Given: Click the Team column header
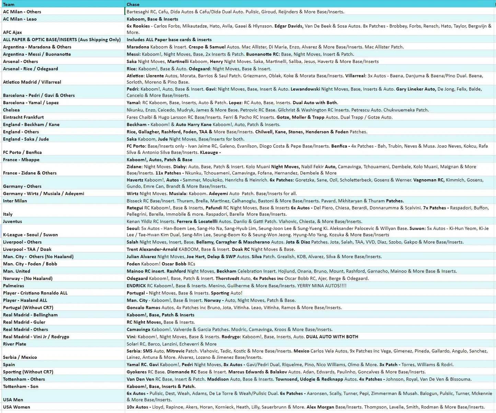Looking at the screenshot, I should click(x=9, y=4).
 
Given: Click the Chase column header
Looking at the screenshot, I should click(x=133, y=4).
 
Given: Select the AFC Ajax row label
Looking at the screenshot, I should click(x=12, y=32).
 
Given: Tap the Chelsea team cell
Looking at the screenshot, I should click(x=11, y=110).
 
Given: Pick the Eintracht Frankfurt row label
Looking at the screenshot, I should click(x=23, y=117).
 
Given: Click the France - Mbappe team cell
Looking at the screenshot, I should click(x=21, y=160).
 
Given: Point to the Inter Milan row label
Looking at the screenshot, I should click(x=15, y=201).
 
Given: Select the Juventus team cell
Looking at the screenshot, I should click(x=12, y=221).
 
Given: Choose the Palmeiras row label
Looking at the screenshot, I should click(x=13, y=286).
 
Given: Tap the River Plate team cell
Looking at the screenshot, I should click(x=14, y=344).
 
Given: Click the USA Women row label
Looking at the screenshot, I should click(x=16, y=407).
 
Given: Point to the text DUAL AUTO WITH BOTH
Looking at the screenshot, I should click(x=332, y=337).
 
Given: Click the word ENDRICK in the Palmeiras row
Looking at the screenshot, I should click(x=136, y=286).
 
